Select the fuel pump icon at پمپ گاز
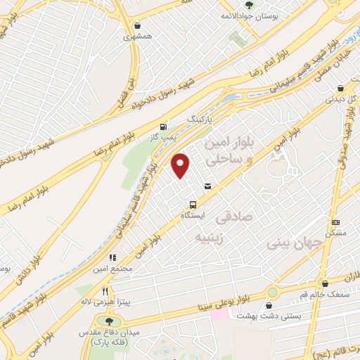[164, 127]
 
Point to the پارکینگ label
[198, 120]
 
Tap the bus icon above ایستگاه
[191, 204]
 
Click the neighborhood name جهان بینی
[295, 243]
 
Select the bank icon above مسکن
[335, 222]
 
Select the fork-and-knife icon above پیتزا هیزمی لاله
[105, 291]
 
